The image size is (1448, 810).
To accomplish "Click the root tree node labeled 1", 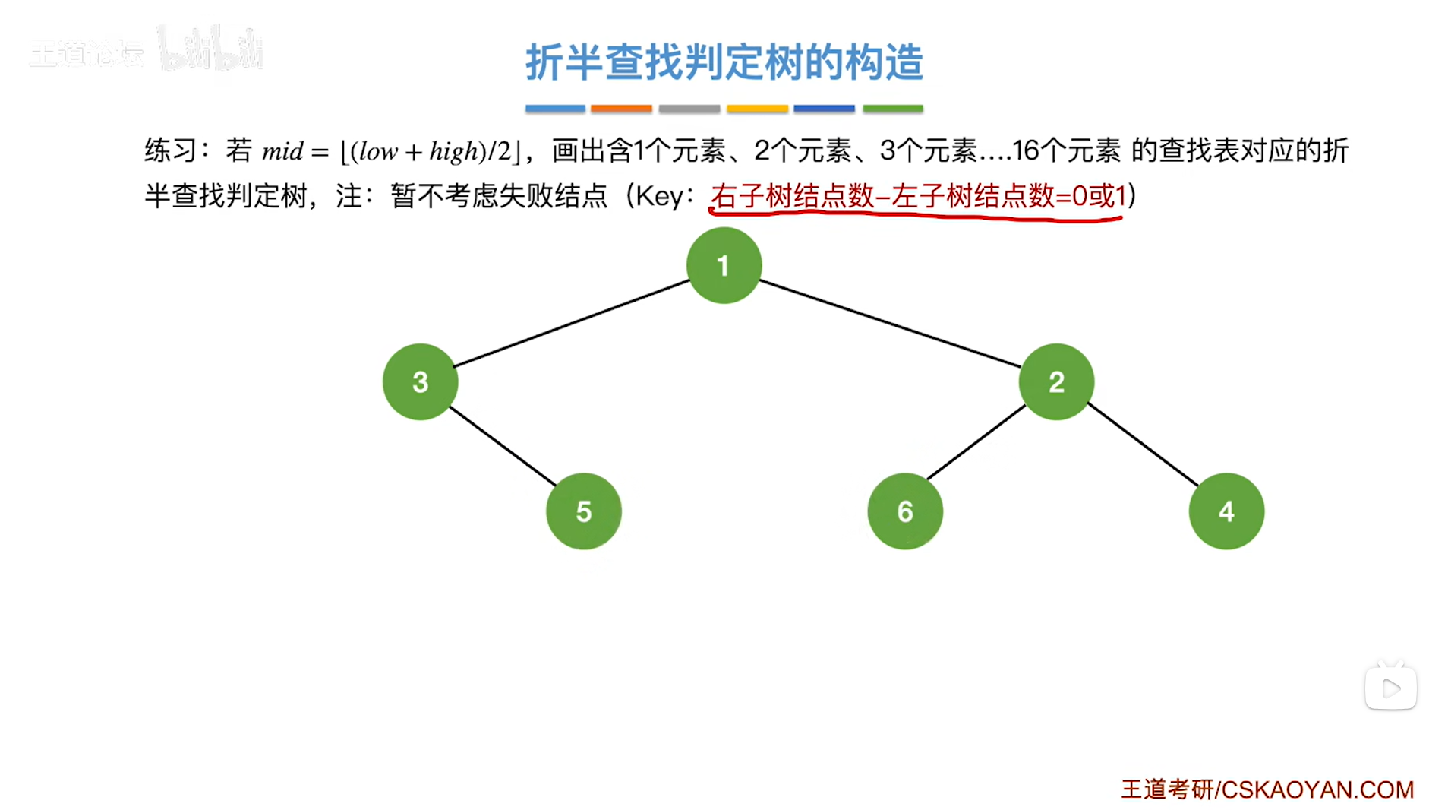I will coord(723,266).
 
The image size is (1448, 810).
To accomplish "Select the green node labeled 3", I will coord(420,381).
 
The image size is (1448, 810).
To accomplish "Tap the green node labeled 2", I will coord(1055,381).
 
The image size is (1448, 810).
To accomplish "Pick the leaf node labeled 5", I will coord(583,511).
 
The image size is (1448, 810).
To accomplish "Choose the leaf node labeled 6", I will coord(904,511).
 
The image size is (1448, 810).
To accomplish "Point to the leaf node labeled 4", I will coord(1226,511).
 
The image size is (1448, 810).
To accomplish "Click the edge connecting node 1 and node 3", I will coord(571,324).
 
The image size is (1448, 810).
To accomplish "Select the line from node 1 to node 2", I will coord(890,324).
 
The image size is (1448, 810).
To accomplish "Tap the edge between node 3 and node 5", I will coord(502,446).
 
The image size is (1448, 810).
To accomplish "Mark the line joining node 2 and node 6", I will coord(976,442).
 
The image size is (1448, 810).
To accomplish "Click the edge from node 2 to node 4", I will coord(1143,445).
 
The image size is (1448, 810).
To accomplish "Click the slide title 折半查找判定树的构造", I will coord(724,62).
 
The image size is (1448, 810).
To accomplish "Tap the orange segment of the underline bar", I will coord(621,109).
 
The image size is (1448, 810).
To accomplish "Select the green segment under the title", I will coord(892,109).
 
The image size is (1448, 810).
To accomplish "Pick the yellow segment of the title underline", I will coord(757,109).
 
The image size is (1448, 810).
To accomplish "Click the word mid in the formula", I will coord(282,151).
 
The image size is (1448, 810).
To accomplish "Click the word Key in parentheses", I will coord(659,197).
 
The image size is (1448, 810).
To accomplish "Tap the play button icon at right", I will coord(1390,688).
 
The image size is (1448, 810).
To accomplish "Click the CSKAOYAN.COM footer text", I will coord(1317,789).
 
